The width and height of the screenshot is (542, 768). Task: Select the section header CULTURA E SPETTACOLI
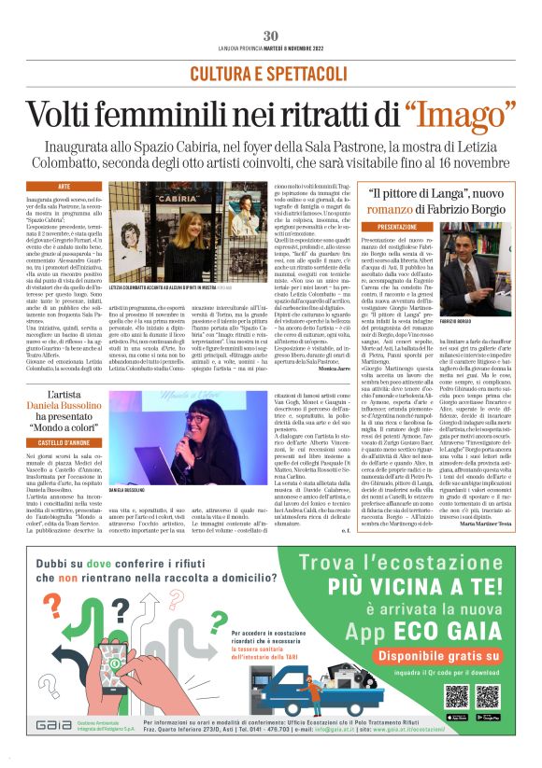[270, 74]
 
